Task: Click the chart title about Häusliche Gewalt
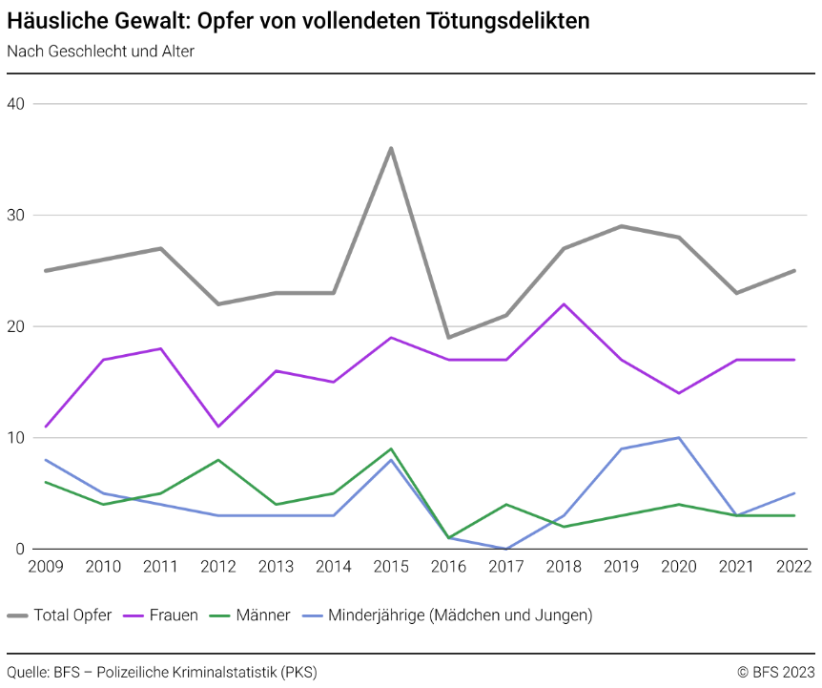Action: tap(298, 21)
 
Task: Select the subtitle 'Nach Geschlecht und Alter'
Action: tap(100, 52)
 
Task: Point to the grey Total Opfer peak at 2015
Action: tap(391, 148)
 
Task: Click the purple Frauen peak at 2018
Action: tap(564, 304)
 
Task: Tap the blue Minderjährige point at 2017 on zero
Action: tap(506, 549)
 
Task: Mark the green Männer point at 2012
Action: tap(218, 460)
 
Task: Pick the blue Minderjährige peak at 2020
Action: tap(679, 438)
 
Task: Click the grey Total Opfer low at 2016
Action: tap(448, 337)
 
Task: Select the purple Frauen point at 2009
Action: tap(46, 427)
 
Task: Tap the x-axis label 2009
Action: tap(46, 567)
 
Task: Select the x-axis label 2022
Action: tap(793, 567)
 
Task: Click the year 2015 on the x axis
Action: tap(391, 567)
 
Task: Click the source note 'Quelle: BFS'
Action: tap(161, 672)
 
